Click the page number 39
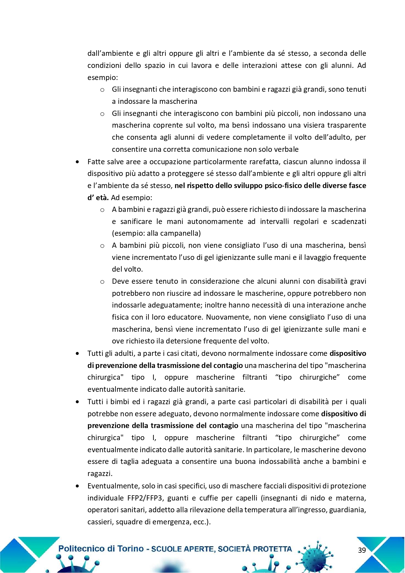coord(362,550)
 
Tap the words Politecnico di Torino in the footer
coord(101,549)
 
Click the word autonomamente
coord(215,221)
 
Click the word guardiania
coord(348,510)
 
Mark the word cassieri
coord(100,522)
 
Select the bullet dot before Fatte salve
coord(77,162)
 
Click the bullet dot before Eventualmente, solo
coord(77,486)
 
